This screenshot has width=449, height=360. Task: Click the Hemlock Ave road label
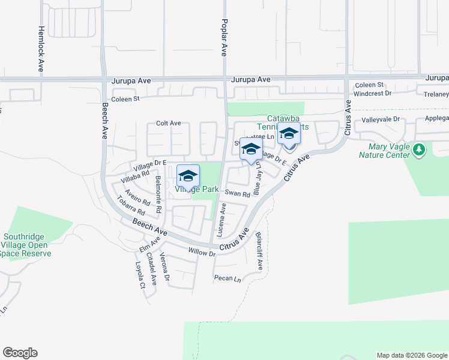(x=41, y=49)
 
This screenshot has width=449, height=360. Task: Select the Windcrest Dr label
(x=372, y=94)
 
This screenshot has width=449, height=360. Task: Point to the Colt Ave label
(x=168, y=123)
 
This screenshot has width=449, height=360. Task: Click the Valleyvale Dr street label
(x=380, y=119)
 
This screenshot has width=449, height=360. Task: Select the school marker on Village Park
(x=188, y=176)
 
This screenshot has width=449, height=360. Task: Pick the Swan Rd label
(x=237, y=193)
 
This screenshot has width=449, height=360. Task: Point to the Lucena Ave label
(x=222, y=220)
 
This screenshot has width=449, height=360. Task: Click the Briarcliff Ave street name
(x=259, y=251)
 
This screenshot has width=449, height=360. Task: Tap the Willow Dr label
(x=202, y=253)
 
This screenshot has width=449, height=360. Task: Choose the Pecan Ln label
(x=228, y=278)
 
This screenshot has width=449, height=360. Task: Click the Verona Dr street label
(x=165, y=269)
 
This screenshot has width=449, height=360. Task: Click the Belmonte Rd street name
(x=158, y=195)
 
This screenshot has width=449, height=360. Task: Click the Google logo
(x=20, y=353)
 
